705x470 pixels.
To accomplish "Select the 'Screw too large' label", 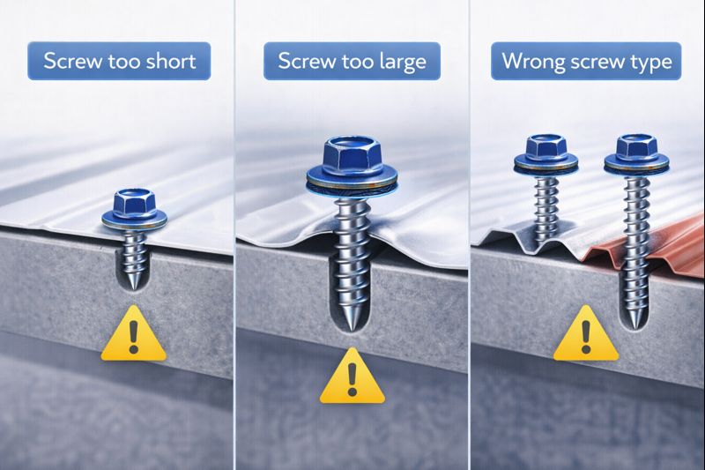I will (352, 61).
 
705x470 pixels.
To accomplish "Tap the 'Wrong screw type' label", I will (586, 61).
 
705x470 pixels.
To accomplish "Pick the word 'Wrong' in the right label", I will (531, 62).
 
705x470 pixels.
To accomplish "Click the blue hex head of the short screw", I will (131, 204).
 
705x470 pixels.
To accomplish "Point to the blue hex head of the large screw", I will (352, 156).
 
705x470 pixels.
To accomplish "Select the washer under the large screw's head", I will (352, 183).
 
